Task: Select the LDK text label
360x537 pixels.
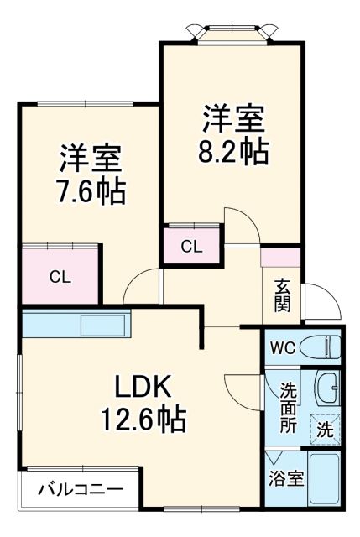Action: (x=143, y=387)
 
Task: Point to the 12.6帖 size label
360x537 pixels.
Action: (x=143, y=416)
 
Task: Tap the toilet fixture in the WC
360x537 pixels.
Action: (x=323, y=347)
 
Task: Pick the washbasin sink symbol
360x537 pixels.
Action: (x=326, y=388)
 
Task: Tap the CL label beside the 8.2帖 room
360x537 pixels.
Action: (x=191, y=247)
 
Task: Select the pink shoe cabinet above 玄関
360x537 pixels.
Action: (x=280, y=258)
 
